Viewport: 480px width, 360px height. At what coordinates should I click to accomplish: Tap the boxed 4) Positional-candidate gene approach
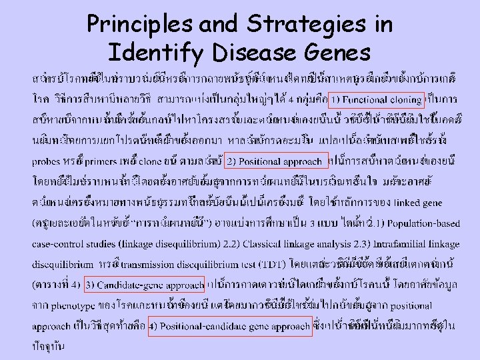pyautogui.click(x=229, y=327)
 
